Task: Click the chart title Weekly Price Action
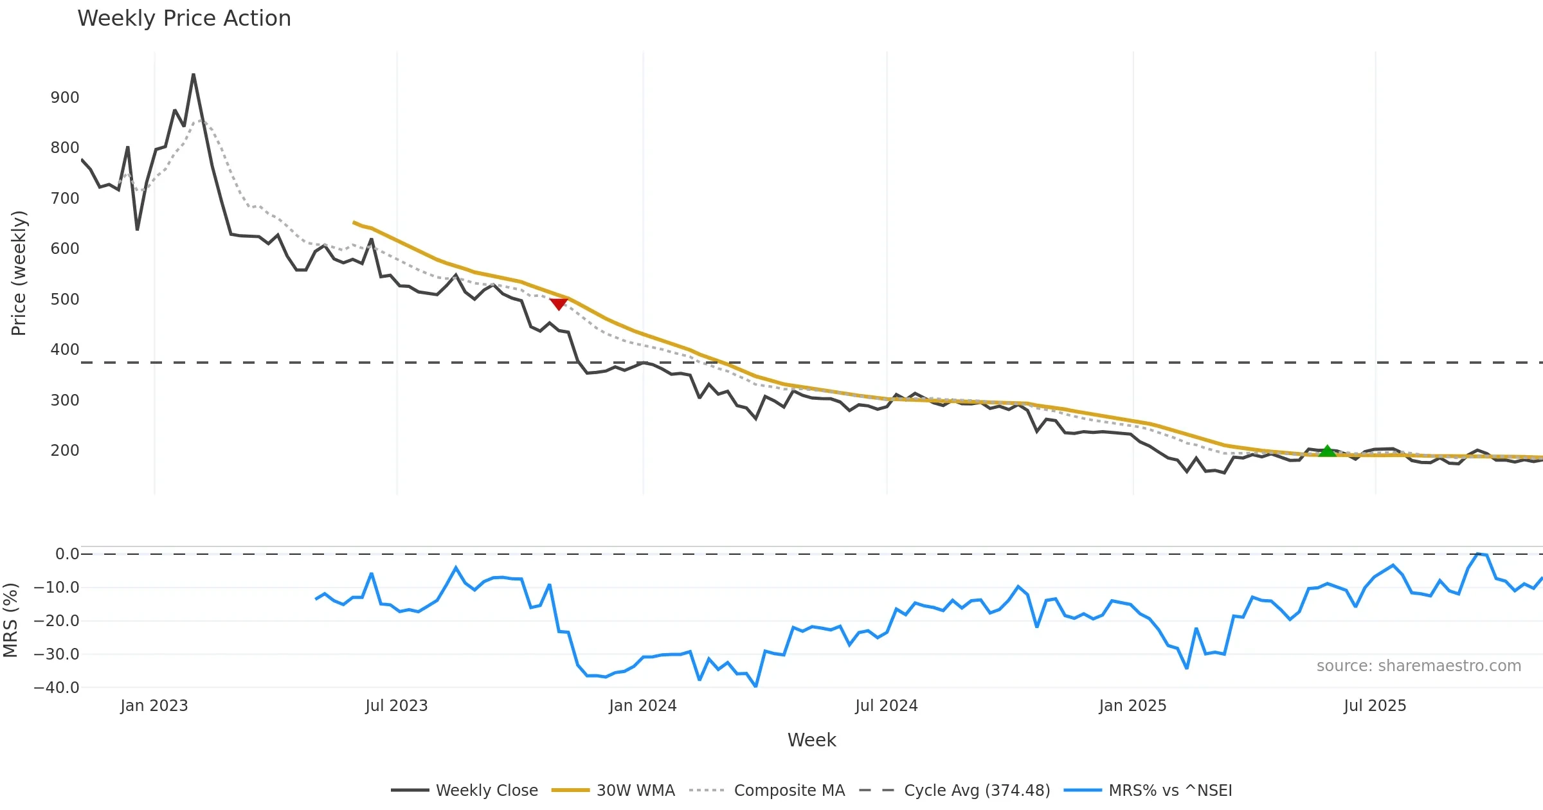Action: coord(184,19)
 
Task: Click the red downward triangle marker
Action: coord(558,303)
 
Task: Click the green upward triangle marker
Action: coord(1327,451)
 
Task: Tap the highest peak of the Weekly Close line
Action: coord(194,75)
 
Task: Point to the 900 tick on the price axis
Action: coord(65,98)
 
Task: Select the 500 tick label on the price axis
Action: coord(65,300)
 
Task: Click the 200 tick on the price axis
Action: coord(65,451)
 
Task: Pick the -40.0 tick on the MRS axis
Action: coord(57,688)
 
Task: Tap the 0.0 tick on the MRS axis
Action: coord(67,554)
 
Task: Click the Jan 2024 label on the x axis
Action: coord(643,706)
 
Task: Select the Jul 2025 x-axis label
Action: coord(1375,706)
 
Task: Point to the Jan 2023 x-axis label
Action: coord(154,706)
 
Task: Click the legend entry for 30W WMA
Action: coord(635,791)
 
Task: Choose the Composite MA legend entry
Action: coord(789,791)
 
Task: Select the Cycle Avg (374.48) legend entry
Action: coord(977,791)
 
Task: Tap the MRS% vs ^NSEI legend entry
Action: coord(1170,791)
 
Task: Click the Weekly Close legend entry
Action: coord(487,791)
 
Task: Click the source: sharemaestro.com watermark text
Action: coord(1418,666)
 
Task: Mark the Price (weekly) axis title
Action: coord(19,273)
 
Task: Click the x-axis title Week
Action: coord(811,741)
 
